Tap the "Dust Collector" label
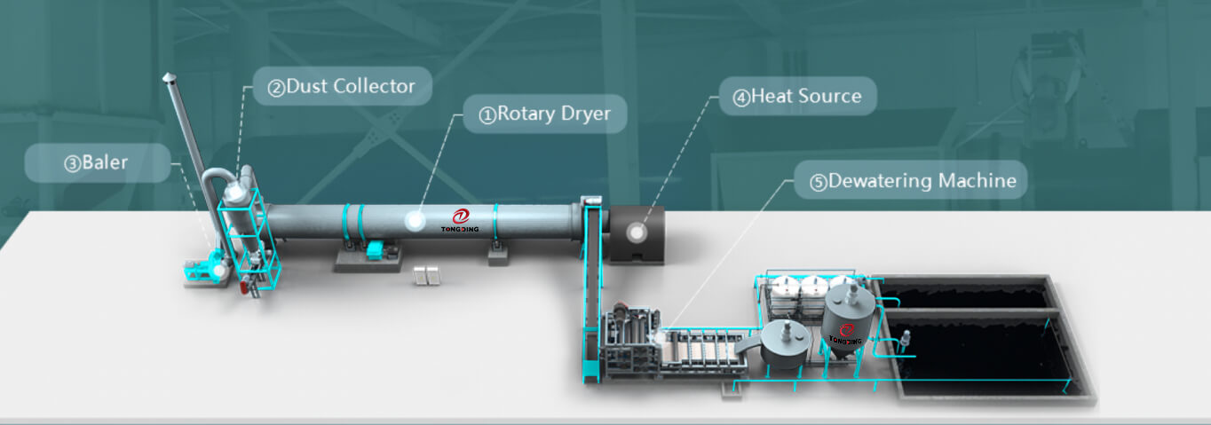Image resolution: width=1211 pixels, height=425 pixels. tap(342, 86)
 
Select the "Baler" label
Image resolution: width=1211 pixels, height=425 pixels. tap(97, 163)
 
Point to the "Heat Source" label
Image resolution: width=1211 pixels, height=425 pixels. tap(796, 96)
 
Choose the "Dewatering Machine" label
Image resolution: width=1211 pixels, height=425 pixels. tap(913, 181)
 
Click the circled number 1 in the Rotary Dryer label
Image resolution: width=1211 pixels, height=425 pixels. tap(487, 114)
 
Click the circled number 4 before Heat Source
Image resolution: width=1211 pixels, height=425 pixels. tap(740, 97)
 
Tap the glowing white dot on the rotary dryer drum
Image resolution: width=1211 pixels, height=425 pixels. tap(414, 222)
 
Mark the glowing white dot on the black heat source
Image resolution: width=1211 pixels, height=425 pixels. tap(637, 232)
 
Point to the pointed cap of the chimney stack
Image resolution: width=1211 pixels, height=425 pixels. tap(167, 78)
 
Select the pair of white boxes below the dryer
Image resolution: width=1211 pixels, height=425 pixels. tap(427, 275)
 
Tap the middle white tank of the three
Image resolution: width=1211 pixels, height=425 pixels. tap(811, 287)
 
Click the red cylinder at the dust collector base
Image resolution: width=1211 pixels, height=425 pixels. tap(245, 284)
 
